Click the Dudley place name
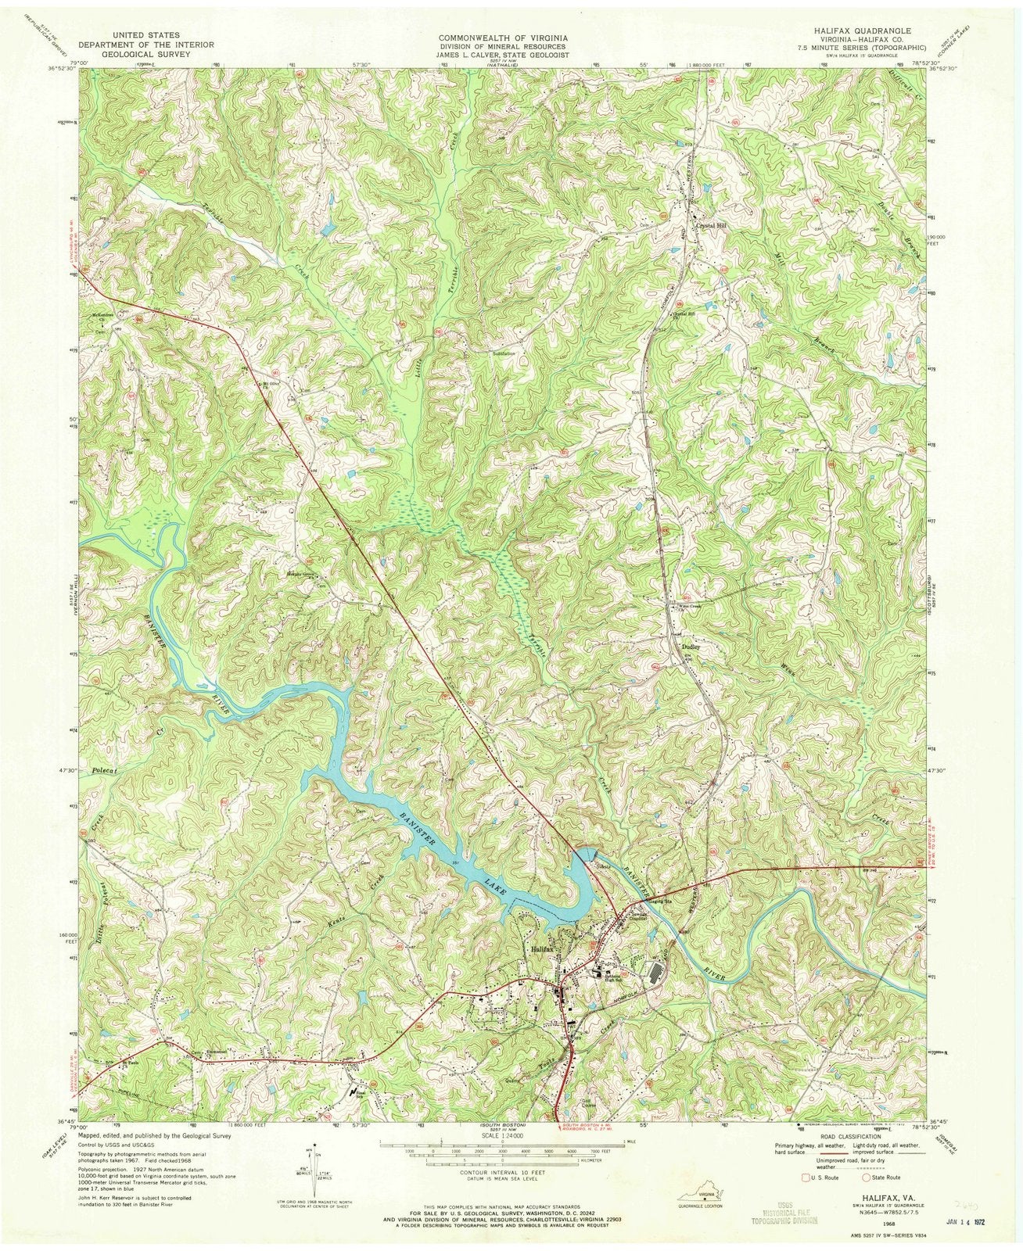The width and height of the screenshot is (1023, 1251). pos(690,647)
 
